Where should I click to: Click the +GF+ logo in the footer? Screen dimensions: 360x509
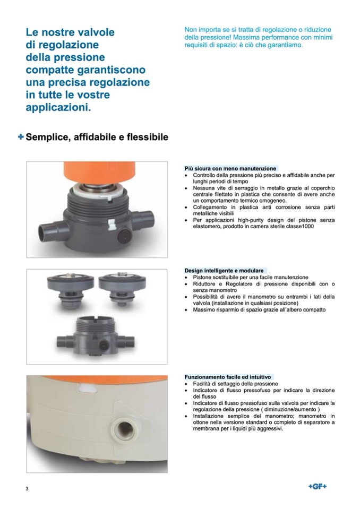[317, 486]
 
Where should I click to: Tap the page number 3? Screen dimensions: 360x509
[27, 488]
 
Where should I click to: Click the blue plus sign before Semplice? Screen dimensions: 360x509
[21, 137]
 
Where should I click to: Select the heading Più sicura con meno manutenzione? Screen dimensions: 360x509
[230, 168]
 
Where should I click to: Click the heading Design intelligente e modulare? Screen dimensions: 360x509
[224, 270]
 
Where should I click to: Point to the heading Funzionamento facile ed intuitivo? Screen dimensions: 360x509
[228, 377]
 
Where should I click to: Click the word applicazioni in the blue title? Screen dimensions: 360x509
[58, 107]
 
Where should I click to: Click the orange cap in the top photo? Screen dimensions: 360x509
[99, 172]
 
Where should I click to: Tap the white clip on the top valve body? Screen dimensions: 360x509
[112, 224]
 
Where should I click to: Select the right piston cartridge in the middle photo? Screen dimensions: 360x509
[122, 288]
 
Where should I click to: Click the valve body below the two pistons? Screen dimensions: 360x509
[96, 336]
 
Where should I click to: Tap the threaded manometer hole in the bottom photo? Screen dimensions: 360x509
[124, 429]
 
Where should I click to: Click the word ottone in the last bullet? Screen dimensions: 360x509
[200, 422]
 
